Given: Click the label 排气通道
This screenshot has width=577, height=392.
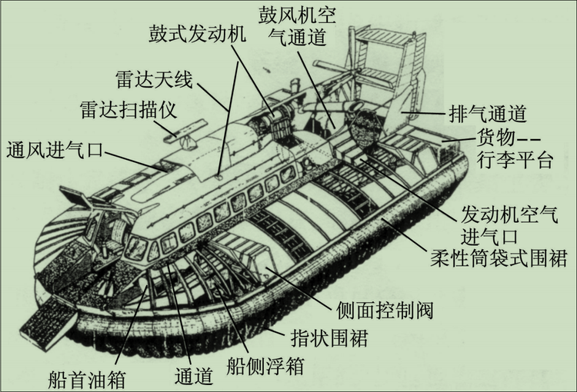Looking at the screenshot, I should click(486, 113).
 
